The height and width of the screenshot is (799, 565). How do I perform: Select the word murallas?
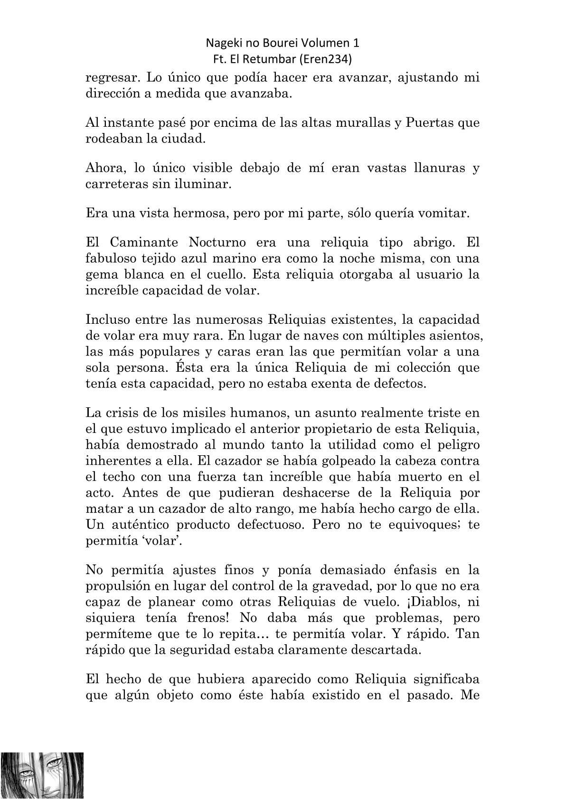(369, 122)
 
